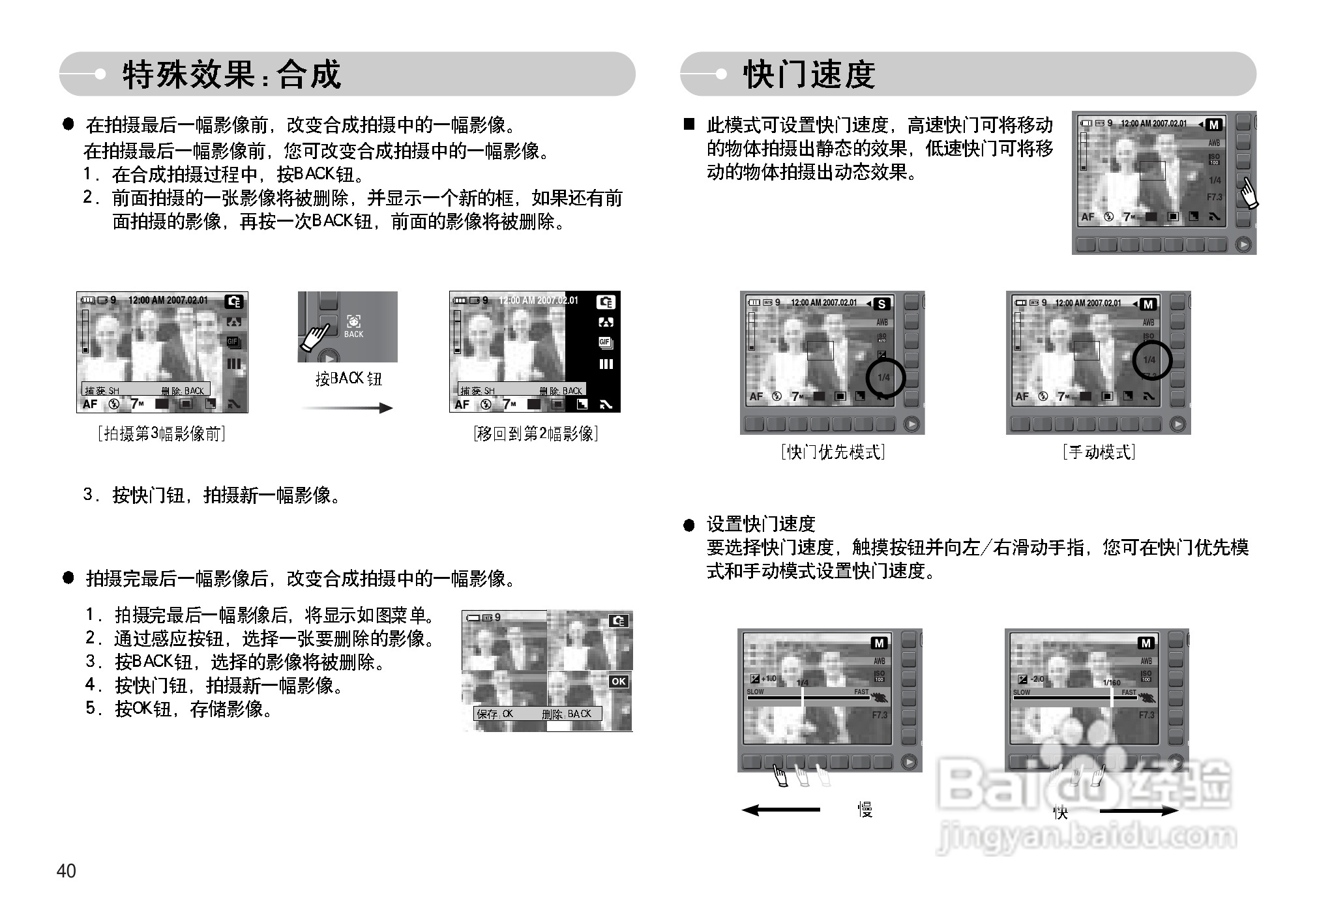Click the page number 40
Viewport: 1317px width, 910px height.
67,871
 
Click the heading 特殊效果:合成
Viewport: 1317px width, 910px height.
231,74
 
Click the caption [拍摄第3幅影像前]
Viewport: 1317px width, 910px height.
162,434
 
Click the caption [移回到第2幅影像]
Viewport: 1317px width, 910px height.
535,434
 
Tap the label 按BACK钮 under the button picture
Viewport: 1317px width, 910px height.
348,379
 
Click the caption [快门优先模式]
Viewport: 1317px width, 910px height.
833,452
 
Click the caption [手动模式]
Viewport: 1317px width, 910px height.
1099,452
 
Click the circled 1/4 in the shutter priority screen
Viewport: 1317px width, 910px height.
885,377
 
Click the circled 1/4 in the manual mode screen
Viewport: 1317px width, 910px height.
1150,360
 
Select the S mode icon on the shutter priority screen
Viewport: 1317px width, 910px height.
881,304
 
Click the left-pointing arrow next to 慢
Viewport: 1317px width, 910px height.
780,810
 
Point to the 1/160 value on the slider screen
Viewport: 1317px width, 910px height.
1112,682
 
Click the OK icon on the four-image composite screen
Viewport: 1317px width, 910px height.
618,681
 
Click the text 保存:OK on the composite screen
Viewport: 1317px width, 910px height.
496,714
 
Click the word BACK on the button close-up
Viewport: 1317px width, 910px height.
353,334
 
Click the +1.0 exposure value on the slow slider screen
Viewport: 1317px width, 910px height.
769,679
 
